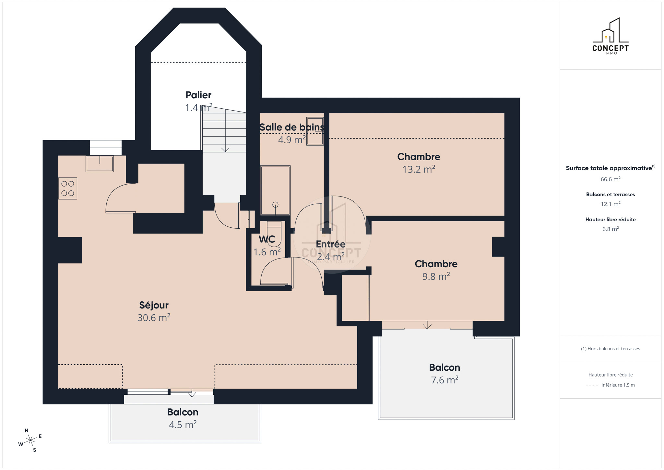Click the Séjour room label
coord(154,305)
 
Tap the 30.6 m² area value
coord(154,318)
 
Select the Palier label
coord(198,95)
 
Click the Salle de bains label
coord(292,127)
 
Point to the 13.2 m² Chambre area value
coord(419,169)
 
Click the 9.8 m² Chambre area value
coord(436,276)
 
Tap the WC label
coord(267,239)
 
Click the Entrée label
coord(331,244)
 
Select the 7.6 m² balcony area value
coord(445,380)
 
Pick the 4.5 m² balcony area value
coord(183,425)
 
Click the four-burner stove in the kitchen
coord(68,188)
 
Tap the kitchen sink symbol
coord(100,164)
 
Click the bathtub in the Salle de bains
coord(275,190)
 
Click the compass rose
coord(30,440)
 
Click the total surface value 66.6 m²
coord(611,179)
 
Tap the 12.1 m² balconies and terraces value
coord(611,204)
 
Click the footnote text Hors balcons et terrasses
coord(611,349)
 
